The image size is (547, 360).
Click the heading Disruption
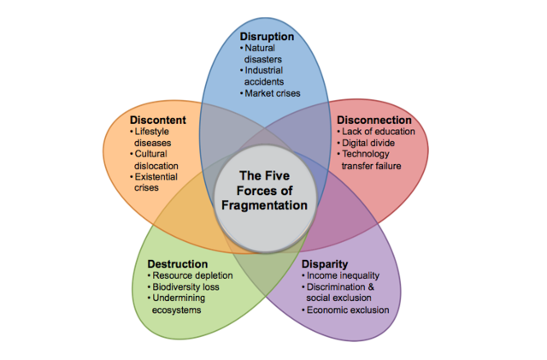pos(267,37)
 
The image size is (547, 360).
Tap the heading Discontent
pos(157,119)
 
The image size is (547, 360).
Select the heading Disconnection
pos(373,120)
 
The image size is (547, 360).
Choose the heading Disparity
pos(324,263)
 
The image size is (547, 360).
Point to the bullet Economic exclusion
pos(346,310)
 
